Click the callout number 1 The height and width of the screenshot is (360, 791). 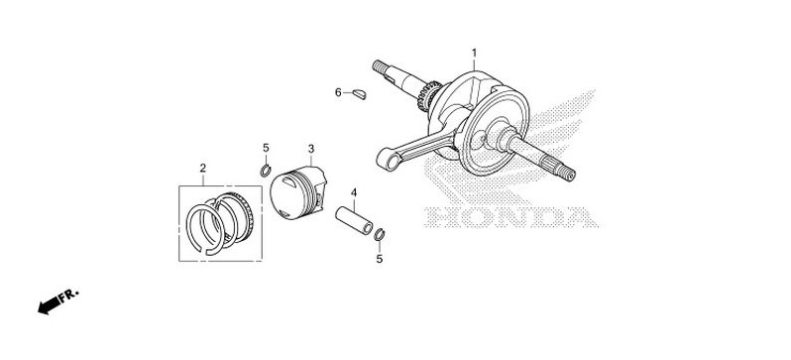tap(474, 52)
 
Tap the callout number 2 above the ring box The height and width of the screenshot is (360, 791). tap(202, 168)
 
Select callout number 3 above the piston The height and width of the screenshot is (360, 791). tap(310, 149)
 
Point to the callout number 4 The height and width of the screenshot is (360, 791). tap(352, 191)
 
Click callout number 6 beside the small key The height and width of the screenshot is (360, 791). tap(338, 93)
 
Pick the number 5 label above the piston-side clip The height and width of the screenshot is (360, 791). tap(266, 149)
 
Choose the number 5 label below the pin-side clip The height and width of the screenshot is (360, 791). tap(378, 259)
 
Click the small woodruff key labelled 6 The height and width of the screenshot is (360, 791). tap(359, 95)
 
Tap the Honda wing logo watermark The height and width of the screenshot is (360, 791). tap(555, 149)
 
